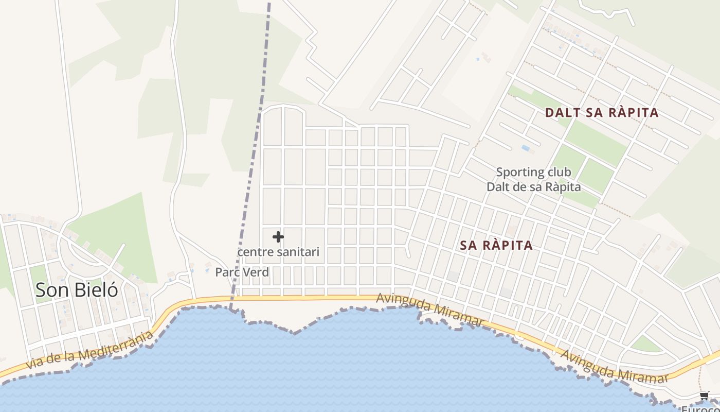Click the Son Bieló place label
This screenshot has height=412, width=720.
point(77,290)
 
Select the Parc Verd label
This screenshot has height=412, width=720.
point(242,272)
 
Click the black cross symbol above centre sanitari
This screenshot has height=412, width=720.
point(278,237)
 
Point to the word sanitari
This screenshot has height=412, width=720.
point(298,252)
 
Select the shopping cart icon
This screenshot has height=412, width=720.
point(704,396)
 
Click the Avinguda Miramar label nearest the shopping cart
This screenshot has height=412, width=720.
point(614,367)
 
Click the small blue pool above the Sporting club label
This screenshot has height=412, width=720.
point(525,148)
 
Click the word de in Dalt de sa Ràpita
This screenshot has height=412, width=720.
point(521,186)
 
